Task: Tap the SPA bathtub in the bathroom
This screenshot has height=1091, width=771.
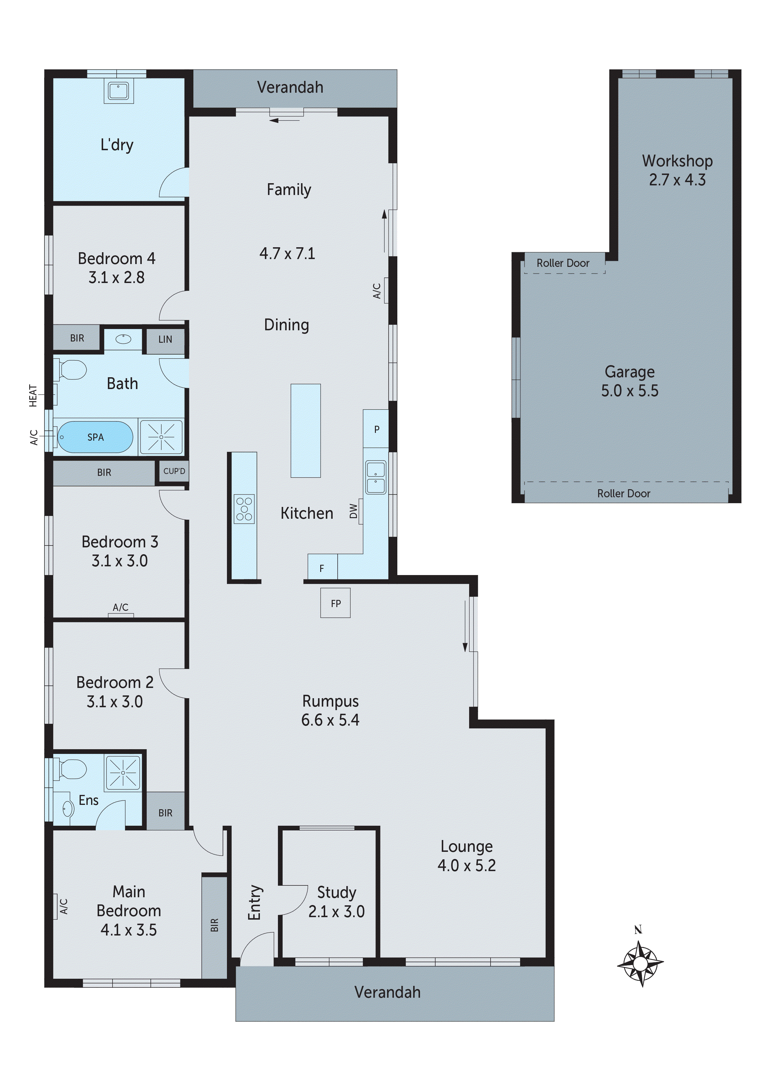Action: point(95,437)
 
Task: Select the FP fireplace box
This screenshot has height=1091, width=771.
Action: point(335,603)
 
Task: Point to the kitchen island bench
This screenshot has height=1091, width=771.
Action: point(306,430)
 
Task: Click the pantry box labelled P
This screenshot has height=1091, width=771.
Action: point(376,429)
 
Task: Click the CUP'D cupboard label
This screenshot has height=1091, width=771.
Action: point(174,471)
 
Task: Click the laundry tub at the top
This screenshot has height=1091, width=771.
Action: point(118,91)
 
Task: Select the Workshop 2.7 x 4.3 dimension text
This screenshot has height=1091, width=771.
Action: point(677,180)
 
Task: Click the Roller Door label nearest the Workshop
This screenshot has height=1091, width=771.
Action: point(563,263)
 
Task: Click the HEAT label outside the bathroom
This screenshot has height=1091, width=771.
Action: point(33,395)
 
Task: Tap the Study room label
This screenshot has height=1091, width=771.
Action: point(336,892)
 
